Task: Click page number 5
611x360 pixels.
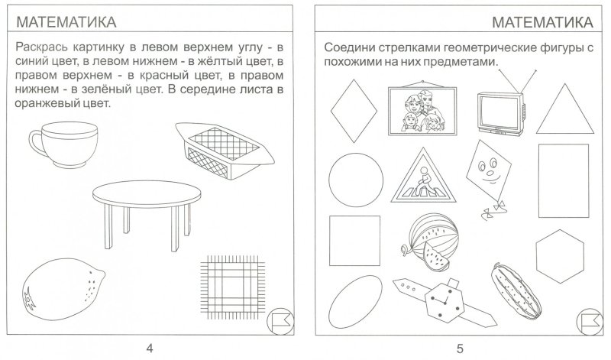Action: [459, 349]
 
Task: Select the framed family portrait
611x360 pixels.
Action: [416, 109]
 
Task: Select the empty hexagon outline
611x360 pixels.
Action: [561, 253]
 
